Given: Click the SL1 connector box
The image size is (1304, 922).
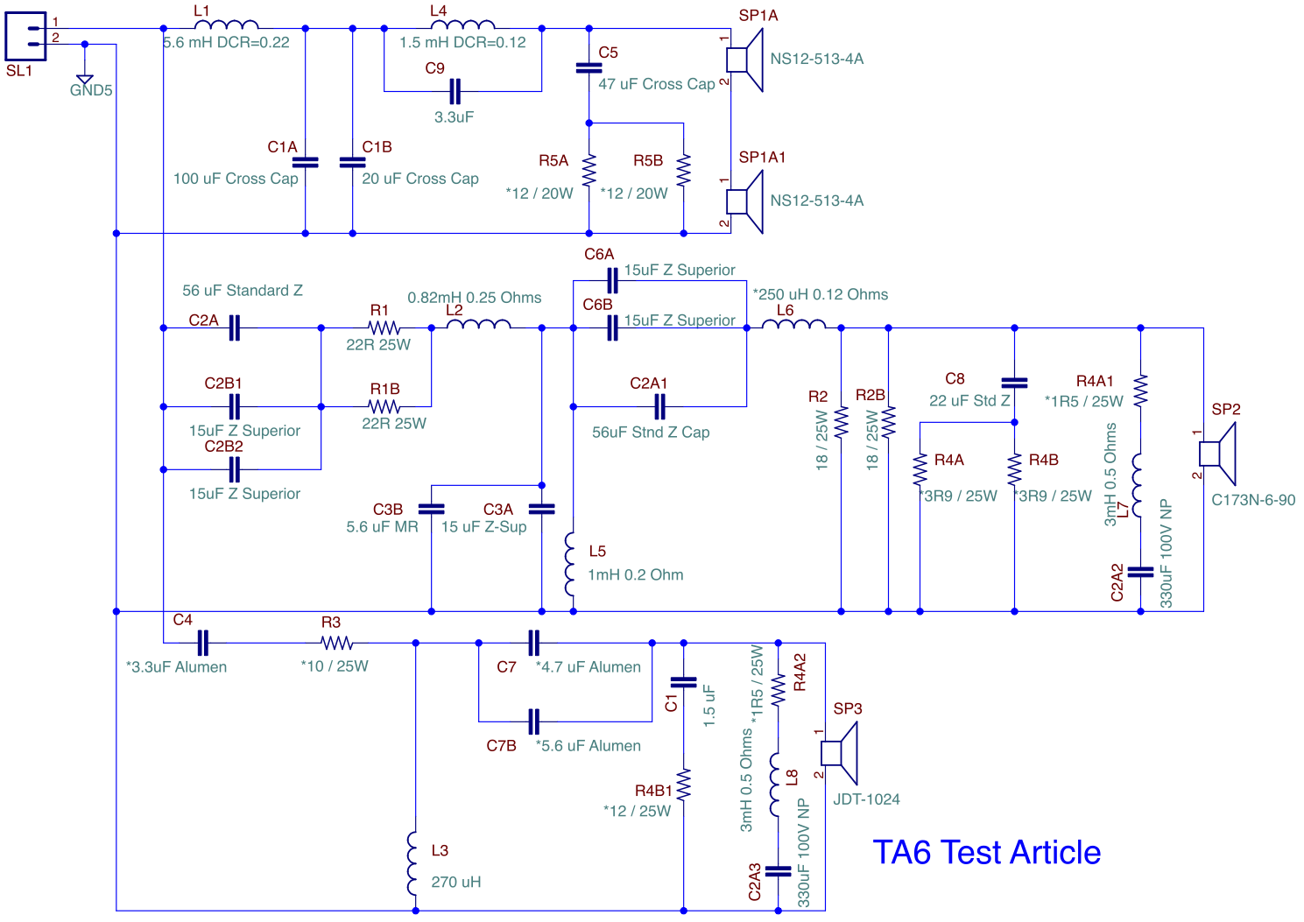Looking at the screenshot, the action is pos(25,36).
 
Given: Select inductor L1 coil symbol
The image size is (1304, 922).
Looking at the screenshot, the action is pos(227,25).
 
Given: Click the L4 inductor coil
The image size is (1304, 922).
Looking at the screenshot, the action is pos(462,25).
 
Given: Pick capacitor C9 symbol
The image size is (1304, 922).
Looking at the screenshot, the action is pos(455,91).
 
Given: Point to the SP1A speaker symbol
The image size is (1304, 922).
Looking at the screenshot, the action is pos(744,60).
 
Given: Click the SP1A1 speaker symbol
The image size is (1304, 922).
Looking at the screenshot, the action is pos(744,202).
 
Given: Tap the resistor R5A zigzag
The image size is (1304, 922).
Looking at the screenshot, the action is pos(589,170).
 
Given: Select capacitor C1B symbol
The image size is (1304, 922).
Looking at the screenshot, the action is pos(352,162).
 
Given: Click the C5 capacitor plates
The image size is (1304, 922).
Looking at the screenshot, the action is pos(589,68).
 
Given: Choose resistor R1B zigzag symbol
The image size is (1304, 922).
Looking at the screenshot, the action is pos(384,406).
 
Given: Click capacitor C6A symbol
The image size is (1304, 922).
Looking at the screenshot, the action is pos(612,280).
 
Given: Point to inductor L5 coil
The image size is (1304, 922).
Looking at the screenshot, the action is pos(570,564).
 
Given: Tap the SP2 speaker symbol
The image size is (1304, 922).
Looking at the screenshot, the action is pos(1217,454).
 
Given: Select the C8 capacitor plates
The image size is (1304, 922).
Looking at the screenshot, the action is pos(1014,383).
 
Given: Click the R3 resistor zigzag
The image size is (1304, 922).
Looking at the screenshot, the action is pos(336,643).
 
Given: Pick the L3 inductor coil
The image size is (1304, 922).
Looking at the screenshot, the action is pos(412,863).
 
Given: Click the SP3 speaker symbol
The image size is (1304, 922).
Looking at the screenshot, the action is pos(839,753).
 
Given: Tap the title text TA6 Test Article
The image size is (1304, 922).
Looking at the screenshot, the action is pos(987,852).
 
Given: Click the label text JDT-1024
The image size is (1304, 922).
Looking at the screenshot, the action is pos(866,799).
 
